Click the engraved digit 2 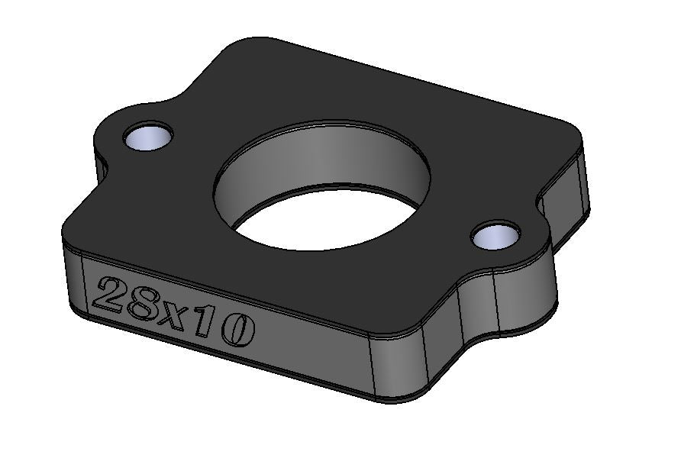tap(108, 295)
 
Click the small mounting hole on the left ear tap(147, 137)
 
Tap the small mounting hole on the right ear tap(495, 236)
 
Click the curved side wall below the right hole tap(525, 299)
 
